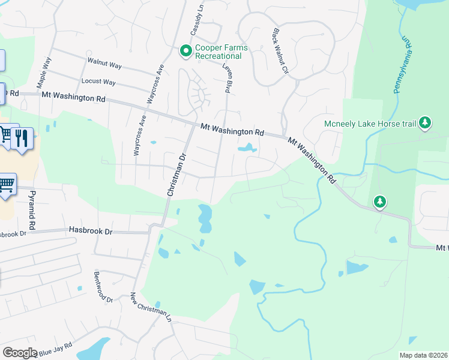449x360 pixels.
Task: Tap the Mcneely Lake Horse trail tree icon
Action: (x=425, y=124)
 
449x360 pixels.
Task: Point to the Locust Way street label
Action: (x=98, y=82)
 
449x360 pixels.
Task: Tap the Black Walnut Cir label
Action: (x=281, y=52)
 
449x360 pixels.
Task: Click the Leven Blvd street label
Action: (x=228, y=78)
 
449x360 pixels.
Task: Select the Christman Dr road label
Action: (x=178, y=175)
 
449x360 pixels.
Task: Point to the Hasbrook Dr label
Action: (x=91, y=230)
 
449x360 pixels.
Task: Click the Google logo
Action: (x=20, y=353)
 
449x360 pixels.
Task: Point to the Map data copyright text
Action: (x=423, y=355)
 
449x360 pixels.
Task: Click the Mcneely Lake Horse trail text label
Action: (x=370, y=124)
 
